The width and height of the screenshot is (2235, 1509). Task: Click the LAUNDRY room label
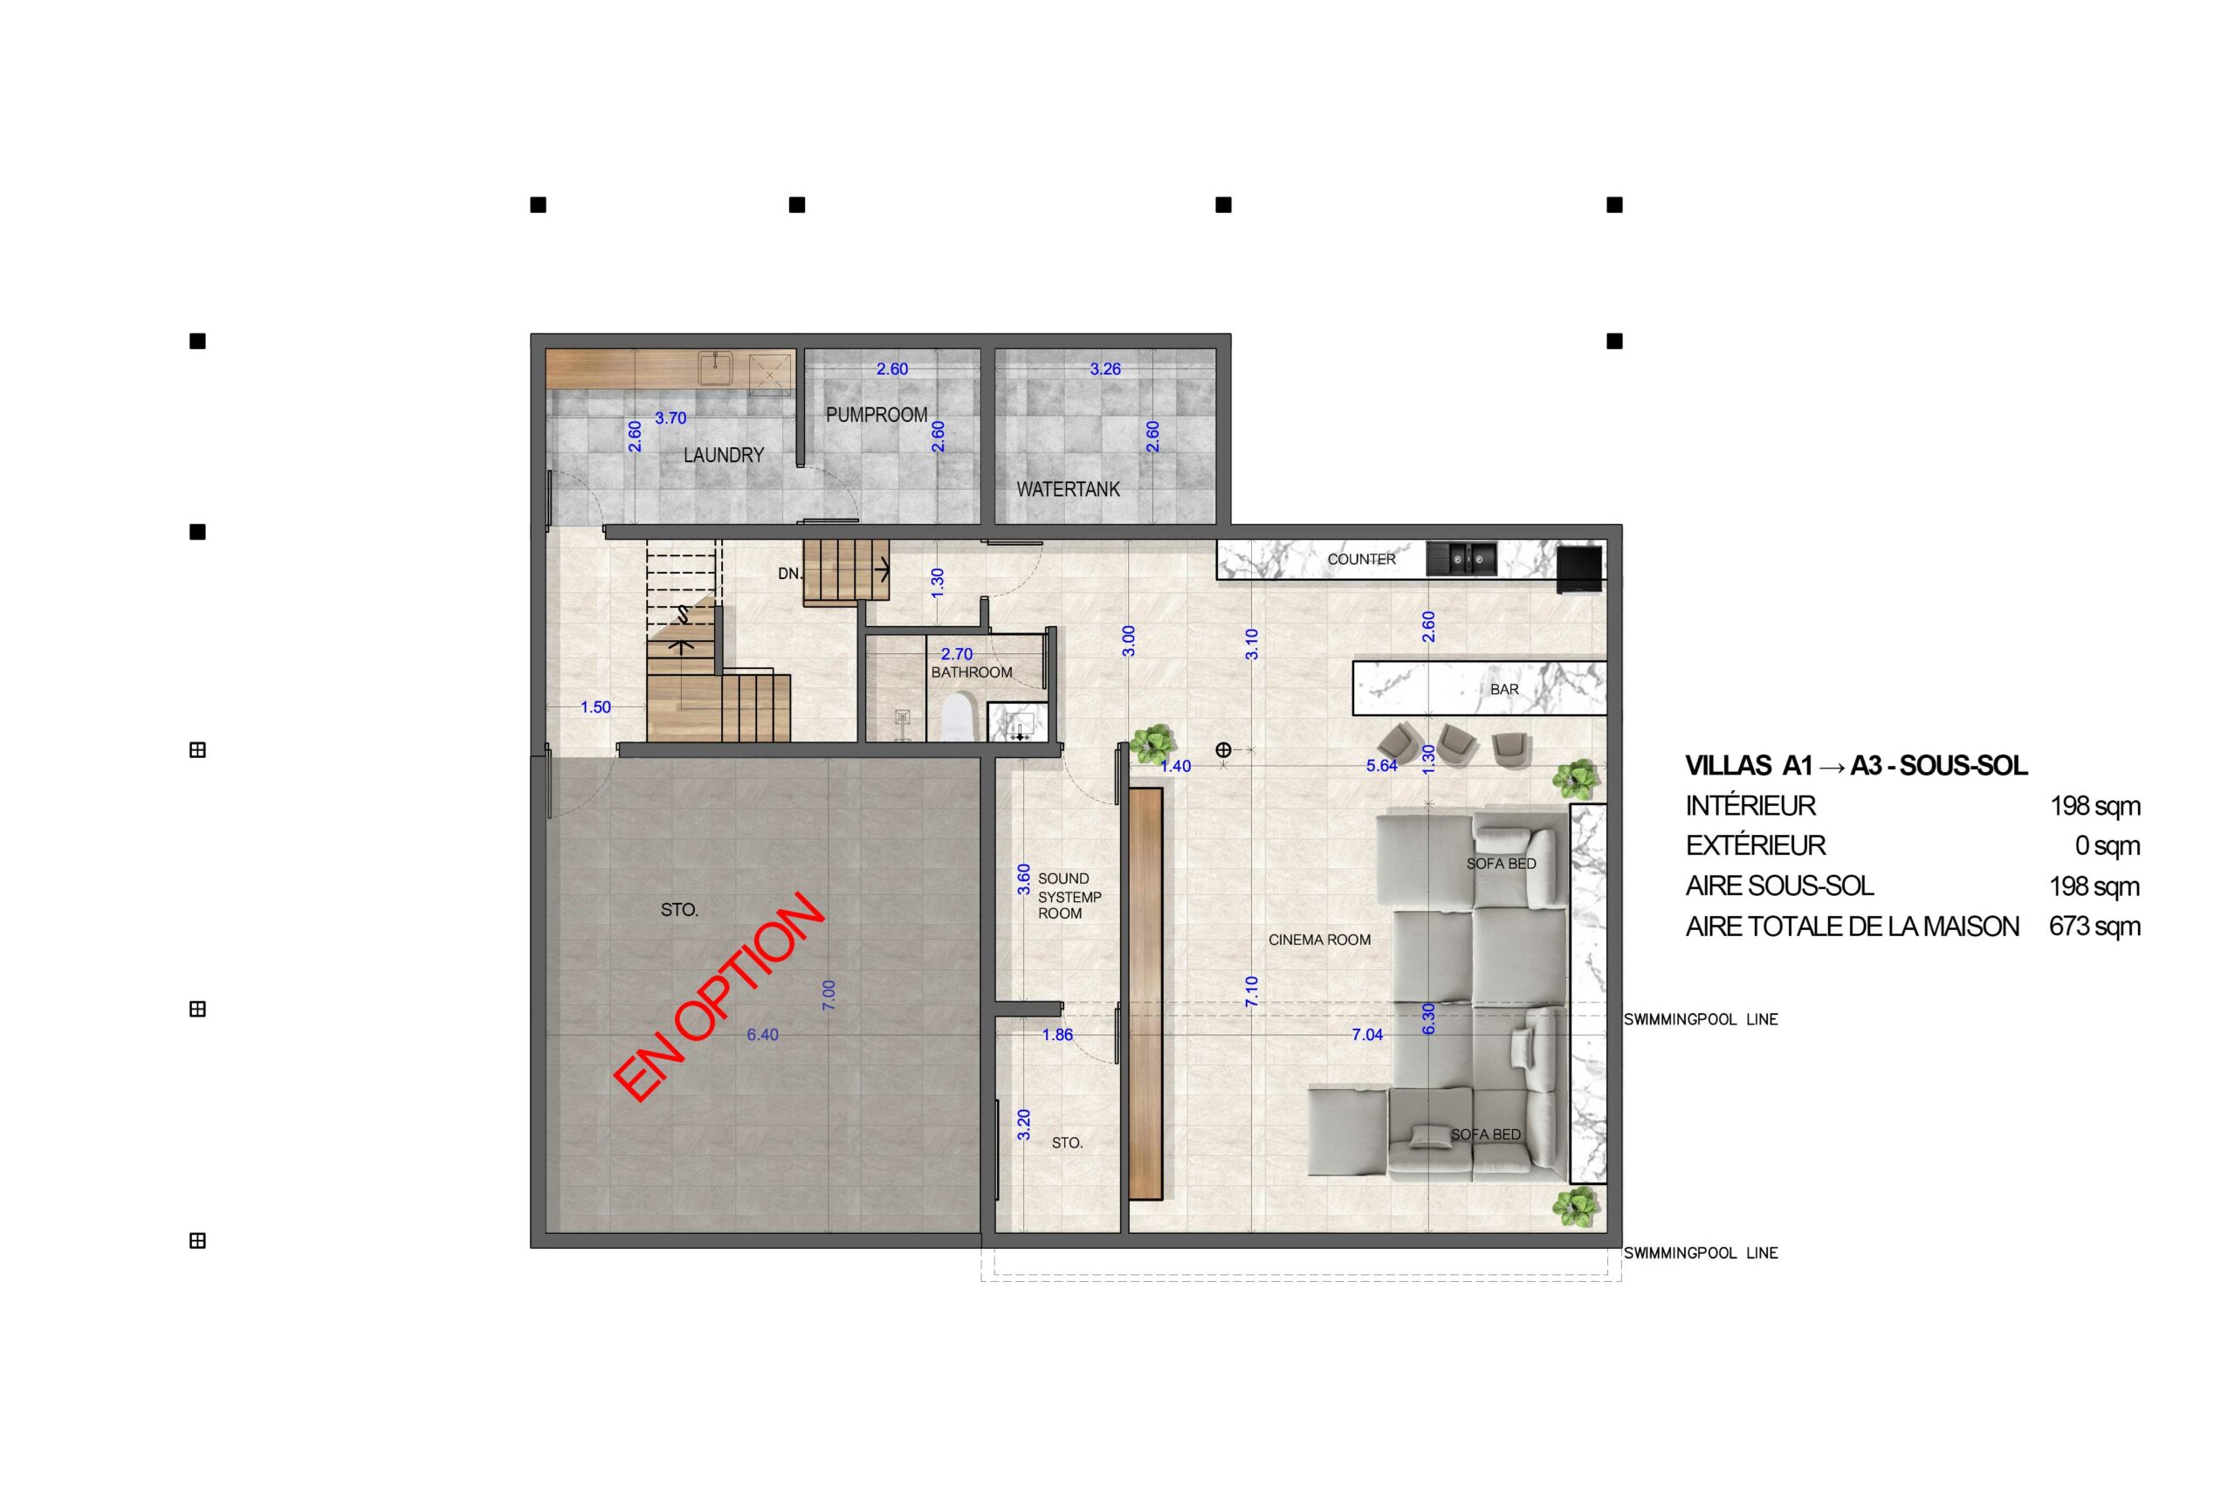point(723,455)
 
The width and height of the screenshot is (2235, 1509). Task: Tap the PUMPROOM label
point(877,415)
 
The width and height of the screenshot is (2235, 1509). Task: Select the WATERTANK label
point(1068,490)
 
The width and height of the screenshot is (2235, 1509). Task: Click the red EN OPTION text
point(719,996)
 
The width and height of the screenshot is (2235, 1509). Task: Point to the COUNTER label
point(1361,559)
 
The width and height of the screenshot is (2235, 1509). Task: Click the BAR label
point(1504,690)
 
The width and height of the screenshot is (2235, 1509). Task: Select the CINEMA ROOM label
point(1319,940)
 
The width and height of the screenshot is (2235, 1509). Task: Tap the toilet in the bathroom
point(958,716)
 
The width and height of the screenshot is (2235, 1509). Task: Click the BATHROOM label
point(972,672)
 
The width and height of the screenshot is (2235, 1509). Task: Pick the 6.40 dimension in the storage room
point(763,1035)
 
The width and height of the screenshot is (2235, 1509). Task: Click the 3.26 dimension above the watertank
point(1105,369)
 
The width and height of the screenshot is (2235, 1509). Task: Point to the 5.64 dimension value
point(1381,766)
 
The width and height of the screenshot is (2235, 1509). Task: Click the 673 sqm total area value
point(2094,927)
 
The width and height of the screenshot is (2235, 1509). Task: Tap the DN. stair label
point(788,573)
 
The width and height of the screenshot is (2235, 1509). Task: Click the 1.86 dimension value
point(1057,1035)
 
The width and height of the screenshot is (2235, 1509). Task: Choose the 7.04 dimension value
point(1366,1035)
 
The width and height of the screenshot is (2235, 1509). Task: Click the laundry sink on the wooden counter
point(716,369)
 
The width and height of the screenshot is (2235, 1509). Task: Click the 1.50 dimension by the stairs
point(595,706)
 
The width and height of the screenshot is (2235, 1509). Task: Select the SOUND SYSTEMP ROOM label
point(1069,896)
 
